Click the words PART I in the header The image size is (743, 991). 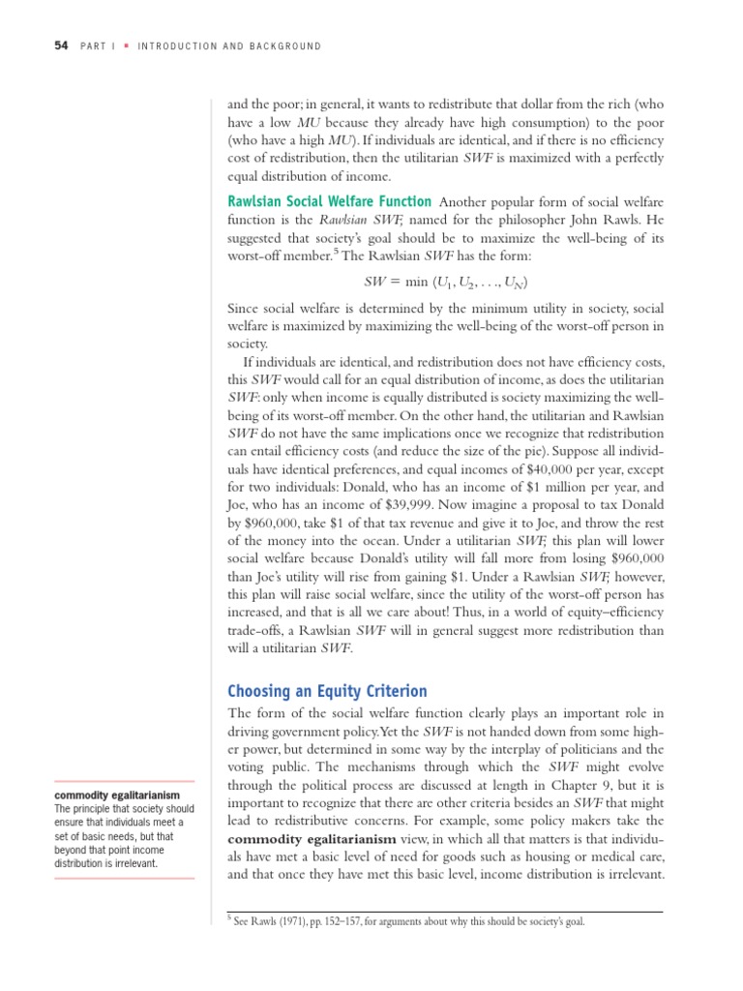[100, 46]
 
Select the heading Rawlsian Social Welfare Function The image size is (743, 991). [329, 201]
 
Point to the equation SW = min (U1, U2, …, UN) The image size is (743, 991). [445, 283]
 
